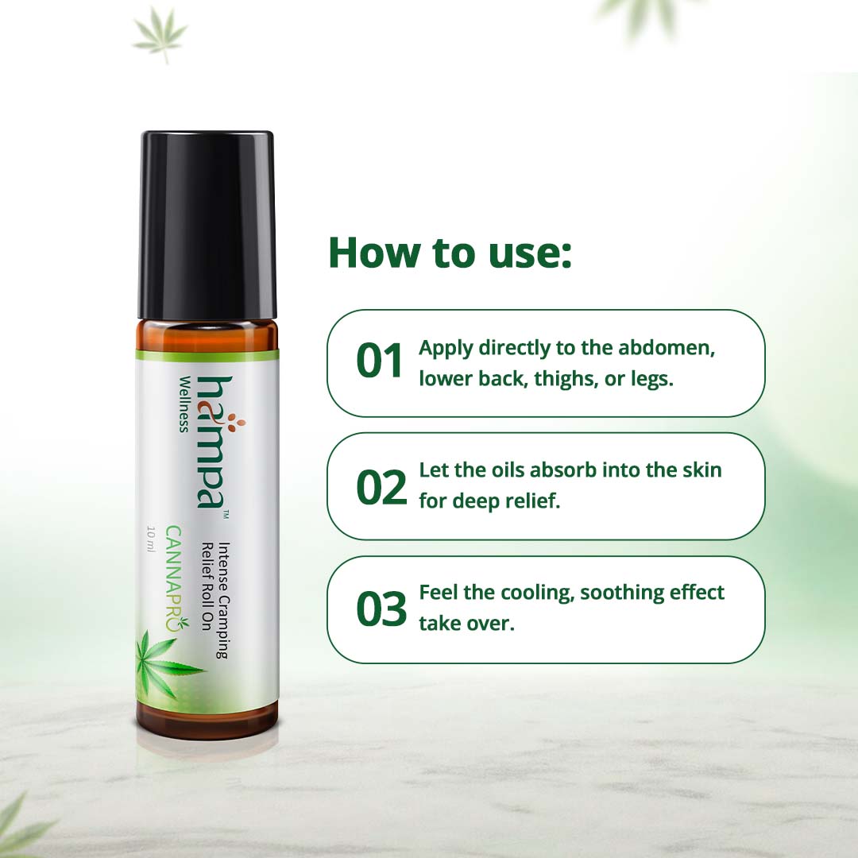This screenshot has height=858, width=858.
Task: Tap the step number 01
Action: click(x=381, y=362)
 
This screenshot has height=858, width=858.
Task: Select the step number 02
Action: click(x=381, y=486)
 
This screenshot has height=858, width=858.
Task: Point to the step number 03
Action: click(x=381, y=609)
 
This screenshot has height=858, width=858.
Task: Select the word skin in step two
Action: click(x=700, y=470)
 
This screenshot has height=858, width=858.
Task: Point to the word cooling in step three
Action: click(x=531, y=593)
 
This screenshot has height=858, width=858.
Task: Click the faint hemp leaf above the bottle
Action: click(x=160, y=34)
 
